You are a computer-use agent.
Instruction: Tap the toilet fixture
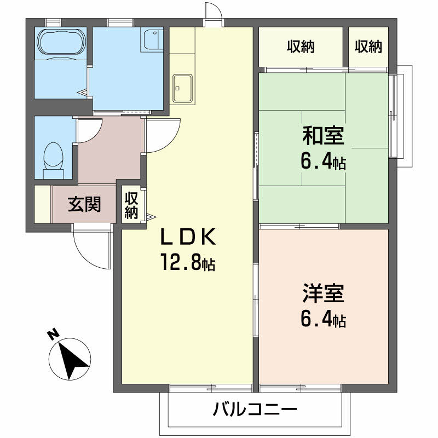[x=53, y=157]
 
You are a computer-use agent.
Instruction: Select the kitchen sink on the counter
[x=182, y=87]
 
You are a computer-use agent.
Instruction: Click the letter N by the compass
[x=53, y=335]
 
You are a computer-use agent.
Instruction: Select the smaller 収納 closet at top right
[x=368, y=47]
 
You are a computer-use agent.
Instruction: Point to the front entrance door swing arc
[x=91, y=249]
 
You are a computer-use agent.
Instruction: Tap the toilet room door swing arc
[x=88, y=130]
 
